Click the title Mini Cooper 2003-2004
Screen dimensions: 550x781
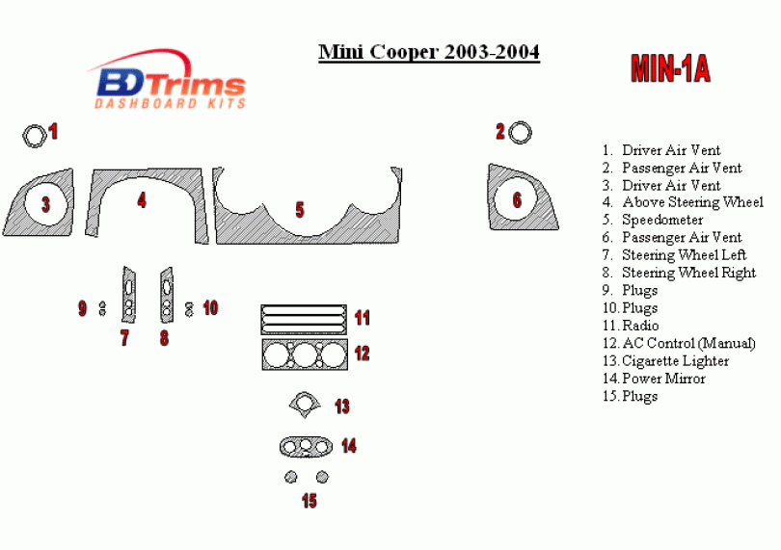(429, 52)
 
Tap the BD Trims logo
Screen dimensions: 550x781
(170, 83)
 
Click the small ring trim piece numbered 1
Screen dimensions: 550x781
(34, 136)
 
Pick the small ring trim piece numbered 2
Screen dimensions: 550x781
(521, 133)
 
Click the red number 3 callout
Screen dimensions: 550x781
(45, 203)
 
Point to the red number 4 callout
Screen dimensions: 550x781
(142, 200)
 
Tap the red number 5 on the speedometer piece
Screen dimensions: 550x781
(300, 209)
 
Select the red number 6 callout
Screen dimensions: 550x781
(517, 199)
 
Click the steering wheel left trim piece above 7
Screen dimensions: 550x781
(128, 295)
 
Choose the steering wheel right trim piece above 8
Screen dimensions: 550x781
(166, 295)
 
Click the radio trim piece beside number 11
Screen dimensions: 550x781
(304, 318)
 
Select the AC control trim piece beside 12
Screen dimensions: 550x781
(304, 354)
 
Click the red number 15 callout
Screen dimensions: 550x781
(309, 500)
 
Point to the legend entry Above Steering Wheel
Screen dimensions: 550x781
(692, 202)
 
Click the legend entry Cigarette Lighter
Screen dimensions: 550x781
(675, 361)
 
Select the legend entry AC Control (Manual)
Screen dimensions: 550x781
(688, 343)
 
